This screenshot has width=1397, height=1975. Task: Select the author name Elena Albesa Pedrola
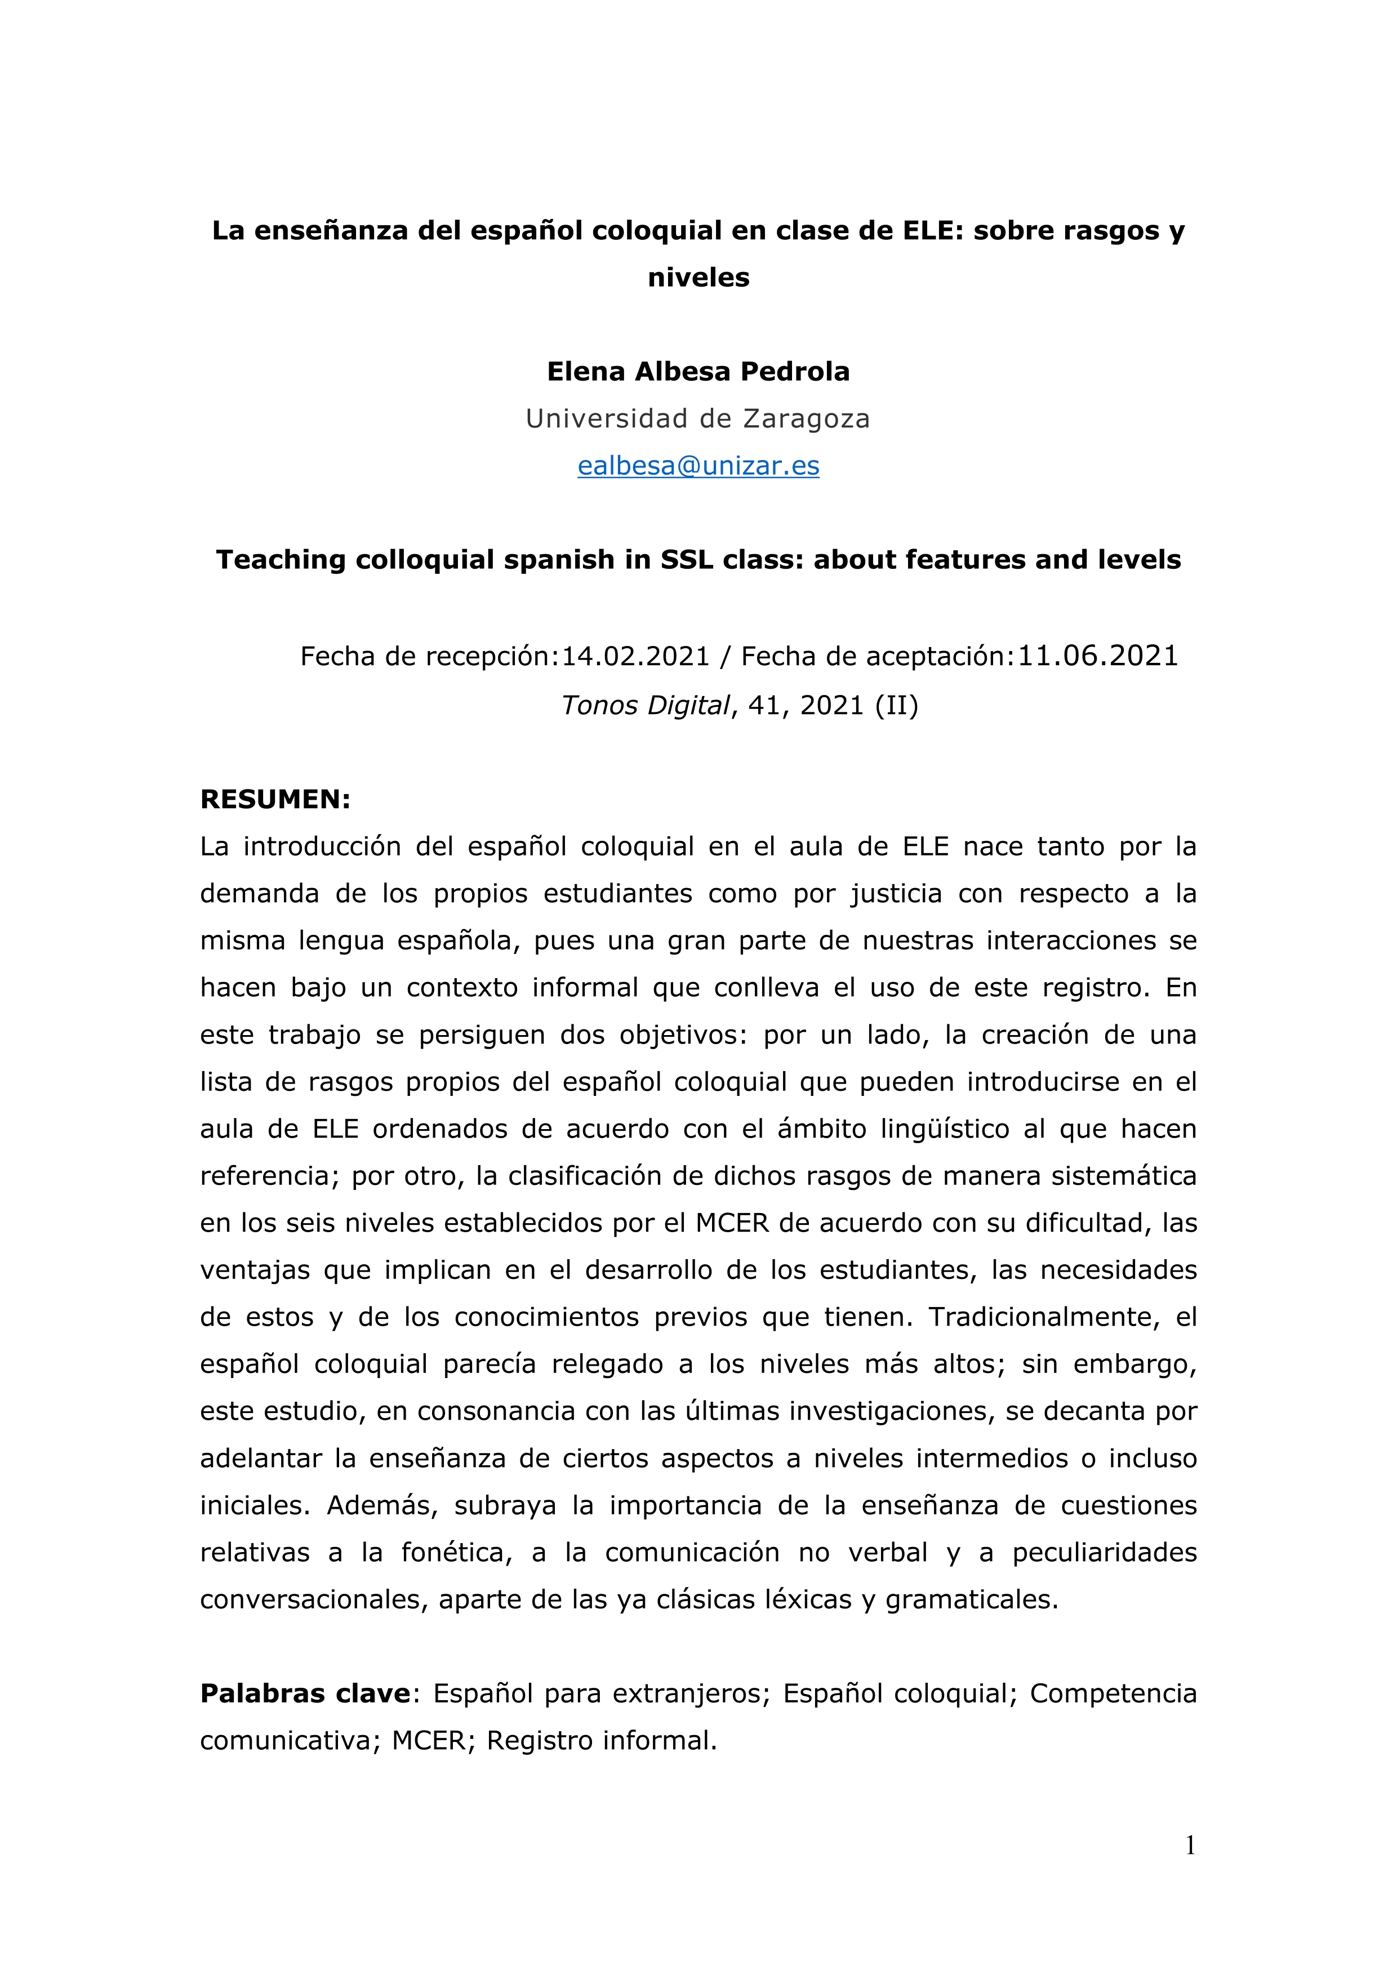697,372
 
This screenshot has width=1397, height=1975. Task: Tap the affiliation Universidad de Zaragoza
697,419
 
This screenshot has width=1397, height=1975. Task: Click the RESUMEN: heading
275,799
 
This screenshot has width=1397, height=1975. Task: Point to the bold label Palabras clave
305,1693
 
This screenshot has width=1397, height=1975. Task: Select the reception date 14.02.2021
636,657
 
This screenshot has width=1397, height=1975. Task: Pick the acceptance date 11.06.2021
1098,656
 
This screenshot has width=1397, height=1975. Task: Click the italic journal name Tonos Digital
644,705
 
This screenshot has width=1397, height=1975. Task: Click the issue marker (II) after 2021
896,705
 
